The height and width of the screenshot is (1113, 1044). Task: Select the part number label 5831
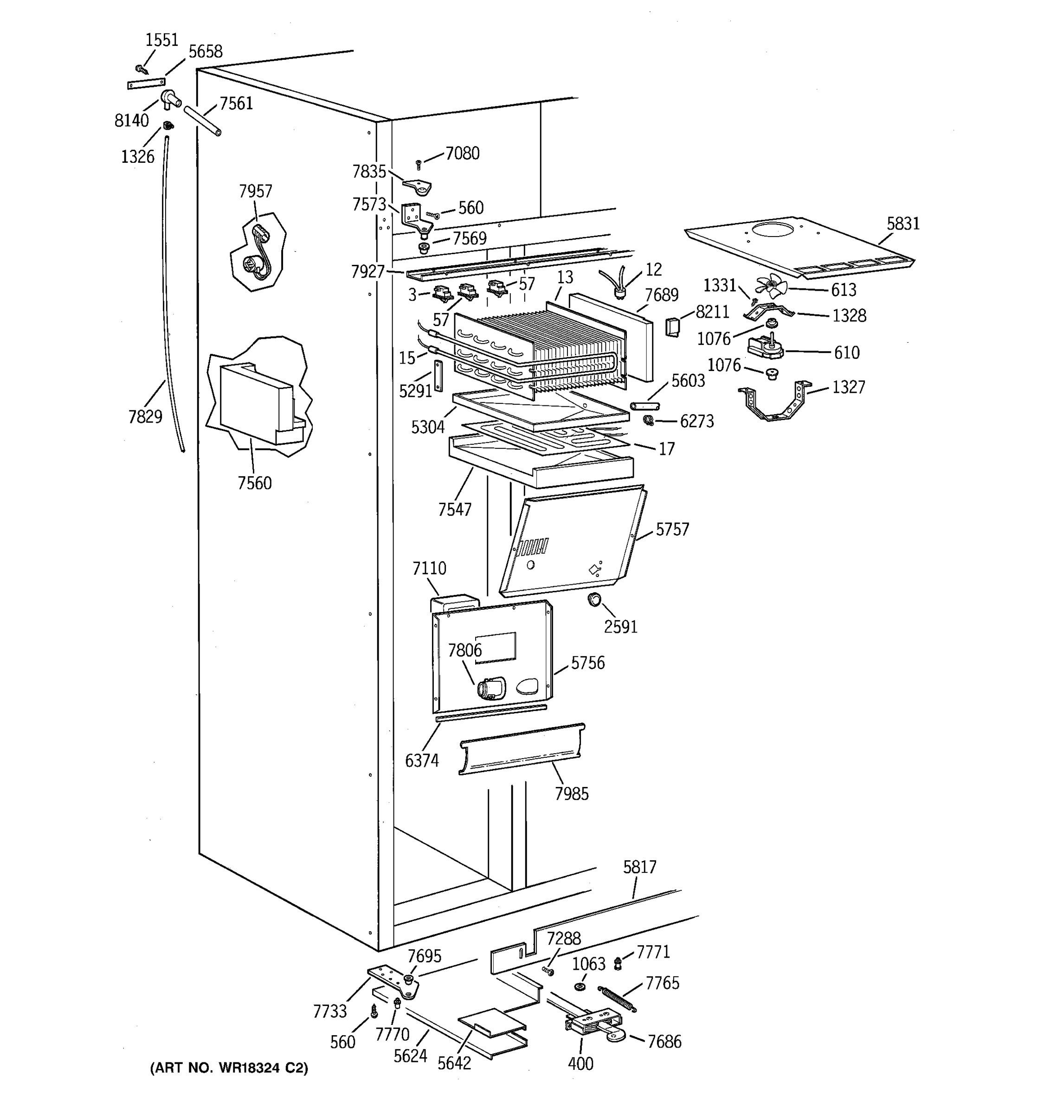[x=903, y=224]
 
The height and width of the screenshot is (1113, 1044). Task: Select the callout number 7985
[x=571, y=794]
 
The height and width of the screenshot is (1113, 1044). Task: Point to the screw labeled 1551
[x=141, y=70]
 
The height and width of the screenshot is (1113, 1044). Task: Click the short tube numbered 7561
[x=202, y=121]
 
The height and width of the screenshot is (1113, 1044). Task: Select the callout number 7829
[x=145, y=417]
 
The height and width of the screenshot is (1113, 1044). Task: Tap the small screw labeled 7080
[x=418, y=164]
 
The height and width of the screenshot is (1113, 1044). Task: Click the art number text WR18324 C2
[x=228, y=1068]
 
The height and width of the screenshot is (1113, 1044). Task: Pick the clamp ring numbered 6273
[x=649, y=419]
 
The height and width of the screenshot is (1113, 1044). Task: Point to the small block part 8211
[x=672, y=326]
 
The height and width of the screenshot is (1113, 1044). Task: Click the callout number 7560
[x=254, y=483]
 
